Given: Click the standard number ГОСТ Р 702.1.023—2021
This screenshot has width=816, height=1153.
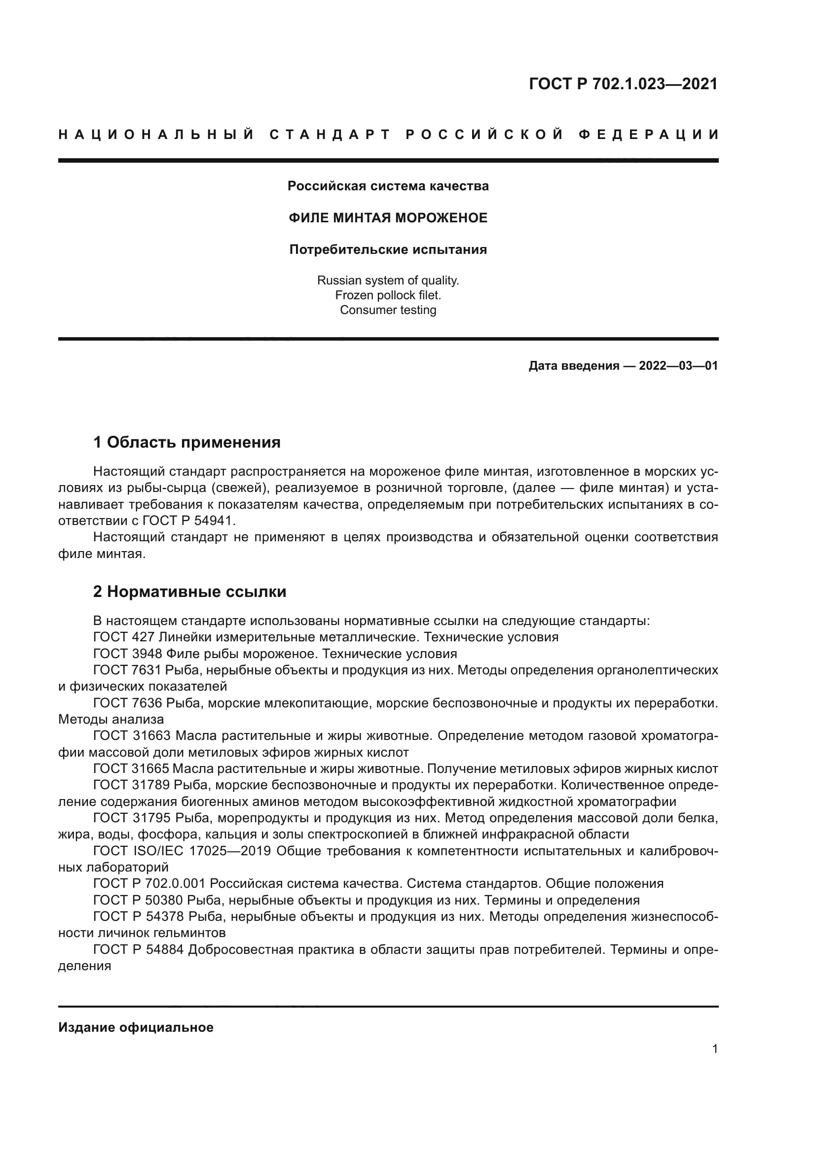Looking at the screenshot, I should coord(623,84).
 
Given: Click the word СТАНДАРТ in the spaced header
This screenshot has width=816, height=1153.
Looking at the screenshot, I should coord(330,135).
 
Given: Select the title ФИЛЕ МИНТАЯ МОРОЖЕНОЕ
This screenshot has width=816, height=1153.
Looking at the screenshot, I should coord(388,218).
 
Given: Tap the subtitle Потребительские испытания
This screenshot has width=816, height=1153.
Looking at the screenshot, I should coord(388,249).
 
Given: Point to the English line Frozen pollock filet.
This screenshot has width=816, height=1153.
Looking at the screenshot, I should coord(388,295).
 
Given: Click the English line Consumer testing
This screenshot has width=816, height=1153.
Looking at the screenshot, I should coord(388,310).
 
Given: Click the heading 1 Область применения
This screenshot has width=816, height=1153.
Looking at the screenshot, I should coord(187,442).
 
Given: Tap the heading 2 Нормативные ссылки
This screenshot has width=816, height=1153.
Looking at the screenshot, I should coord(190,592).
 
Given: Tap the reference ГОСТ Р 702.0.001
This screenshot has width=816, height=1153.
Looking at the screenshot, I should coord(148,884).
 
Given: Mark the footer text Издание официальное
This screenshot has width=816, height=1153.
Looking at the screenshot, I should coord(136,1027).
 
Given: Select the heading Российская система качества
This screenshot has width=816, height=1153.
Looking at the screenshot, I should coord(388,186).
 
